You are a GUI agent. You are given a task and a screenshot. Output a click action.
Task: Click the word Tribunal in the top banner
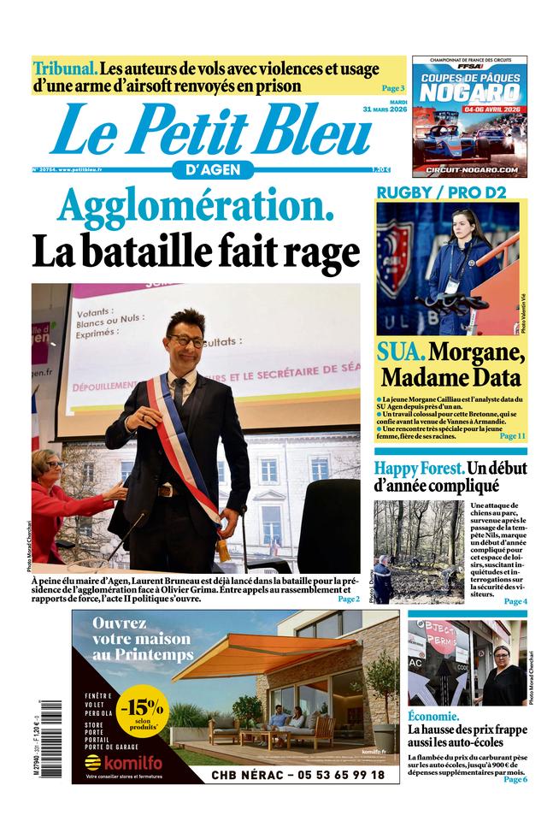point(65,68)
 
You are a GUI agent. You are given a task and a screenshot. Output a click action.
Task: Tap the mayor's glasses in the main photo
point(185,340)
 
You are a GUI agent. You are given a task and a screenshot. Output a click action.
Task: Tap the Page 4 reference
point(515,601)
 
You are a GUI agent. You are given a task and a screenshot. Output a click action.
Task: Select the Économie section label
point(433,716)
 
